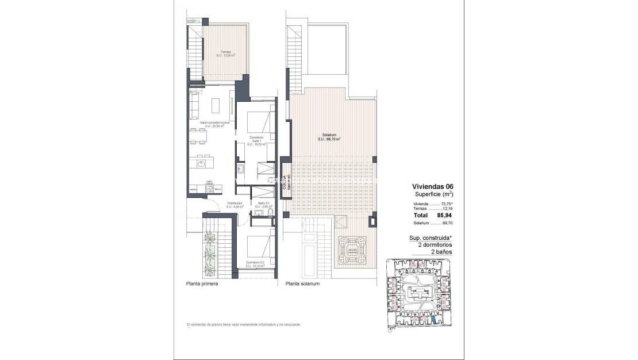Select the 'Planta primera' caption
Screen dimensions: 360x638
[x=202, y=284]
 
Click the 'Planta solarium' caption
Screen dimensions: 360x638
[x=302, y=284]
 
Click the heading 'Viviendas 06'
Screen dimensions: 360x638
[x=433, y=186]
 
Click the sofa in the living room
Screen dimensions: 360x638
[x=194, y=102]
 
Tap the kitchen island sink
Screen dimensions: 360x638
[x=201, y=163]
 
